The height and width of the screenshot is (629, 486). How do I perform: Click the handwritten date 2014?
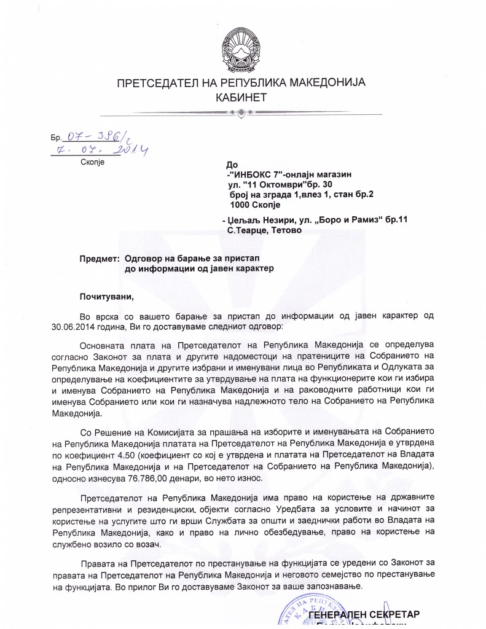tap(134, 149)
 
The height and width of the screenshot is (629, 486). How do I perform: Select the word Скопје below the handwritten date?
tap(93, 162)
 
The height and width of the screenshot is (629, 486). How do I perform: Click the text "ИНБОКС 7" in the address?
tap(256, 174)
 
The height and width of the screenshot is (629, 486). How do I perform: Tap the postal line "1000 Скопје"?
tap(254, 204)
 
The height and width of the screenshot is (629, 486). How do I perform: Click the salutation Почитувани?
tap(106, 296)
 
